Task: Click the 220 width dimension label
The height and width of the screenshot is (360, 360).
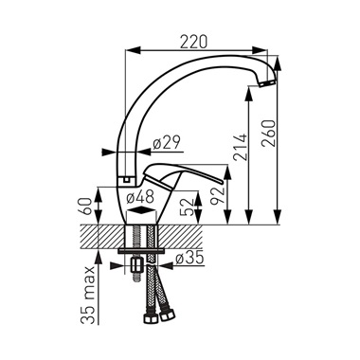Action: [193, 42]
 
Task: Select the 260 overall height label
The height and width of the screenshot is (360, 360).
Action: [268, 134]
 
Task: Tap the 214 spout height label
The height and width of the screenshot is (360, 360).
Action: [241, 148]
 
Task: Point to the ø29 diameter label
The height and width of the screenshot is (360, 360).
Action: [167, 143]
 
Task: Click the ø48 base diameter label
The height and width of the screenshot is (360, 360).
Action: [140, 197]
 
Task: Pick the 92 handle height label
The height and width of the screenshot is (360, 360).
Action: [218, 195]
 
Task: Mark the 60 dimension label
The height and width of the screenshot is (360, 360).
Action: [86, 207]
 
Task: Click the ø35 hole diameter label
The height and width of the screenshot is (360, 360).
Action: [189, 259]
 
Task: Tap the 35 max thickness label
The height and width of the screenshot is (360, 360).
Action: [87, 295]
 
